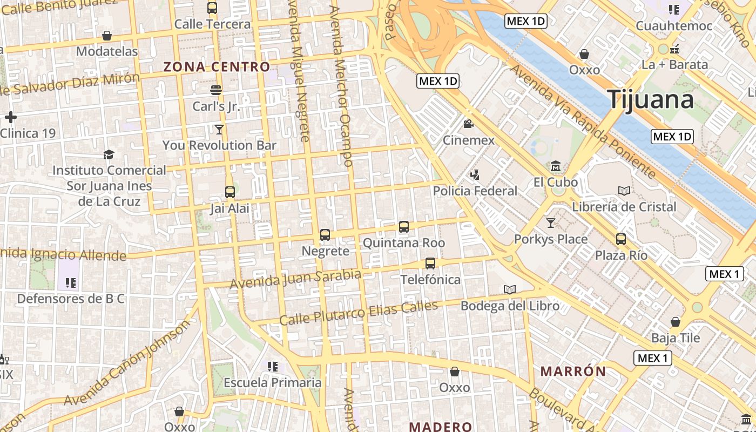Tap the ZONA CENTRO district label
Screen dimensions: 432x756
[x=217, y=67]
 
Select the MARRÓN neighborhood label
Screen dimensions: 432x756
[x=573, y=372]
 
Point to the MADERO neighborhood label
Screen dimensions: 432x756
[x=440, y=427]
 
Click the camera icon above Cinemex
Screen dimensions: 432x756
[x=468, y=124]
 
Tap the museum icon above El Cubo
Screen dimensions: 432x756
[x=556, y=166]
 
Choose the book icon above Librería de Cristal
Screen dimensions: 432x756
[x=624, y=191]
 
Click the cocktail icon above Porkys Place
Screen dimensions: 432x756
[x=550, y=222]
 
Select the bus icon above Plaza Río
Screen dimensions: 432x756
[x=621, y=239]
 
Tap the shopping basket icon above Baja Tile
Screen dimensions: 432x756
[x=675, y=322]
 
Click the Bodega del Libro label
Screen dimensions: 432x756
[x=510, y=306]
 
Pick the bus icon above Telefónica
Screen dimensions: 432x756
[x=430, y=264]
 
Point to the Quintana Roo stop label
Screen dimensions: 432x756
[x=403, y=243]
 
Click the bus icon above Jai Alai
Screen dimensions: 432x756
[x=230, y=192]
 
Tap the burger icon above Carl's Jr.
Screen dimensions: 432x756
[x=216, y=90]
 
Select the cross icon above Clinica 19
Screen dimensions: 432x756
[x=10, y=117]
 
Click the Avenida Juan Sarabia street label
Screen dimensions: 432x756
[x=295, y=279]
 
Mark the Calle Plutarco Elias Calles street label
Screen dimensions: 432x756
[x=359, y=313]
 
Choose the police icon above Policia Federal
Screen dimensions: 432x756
[x=475, y=174]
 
